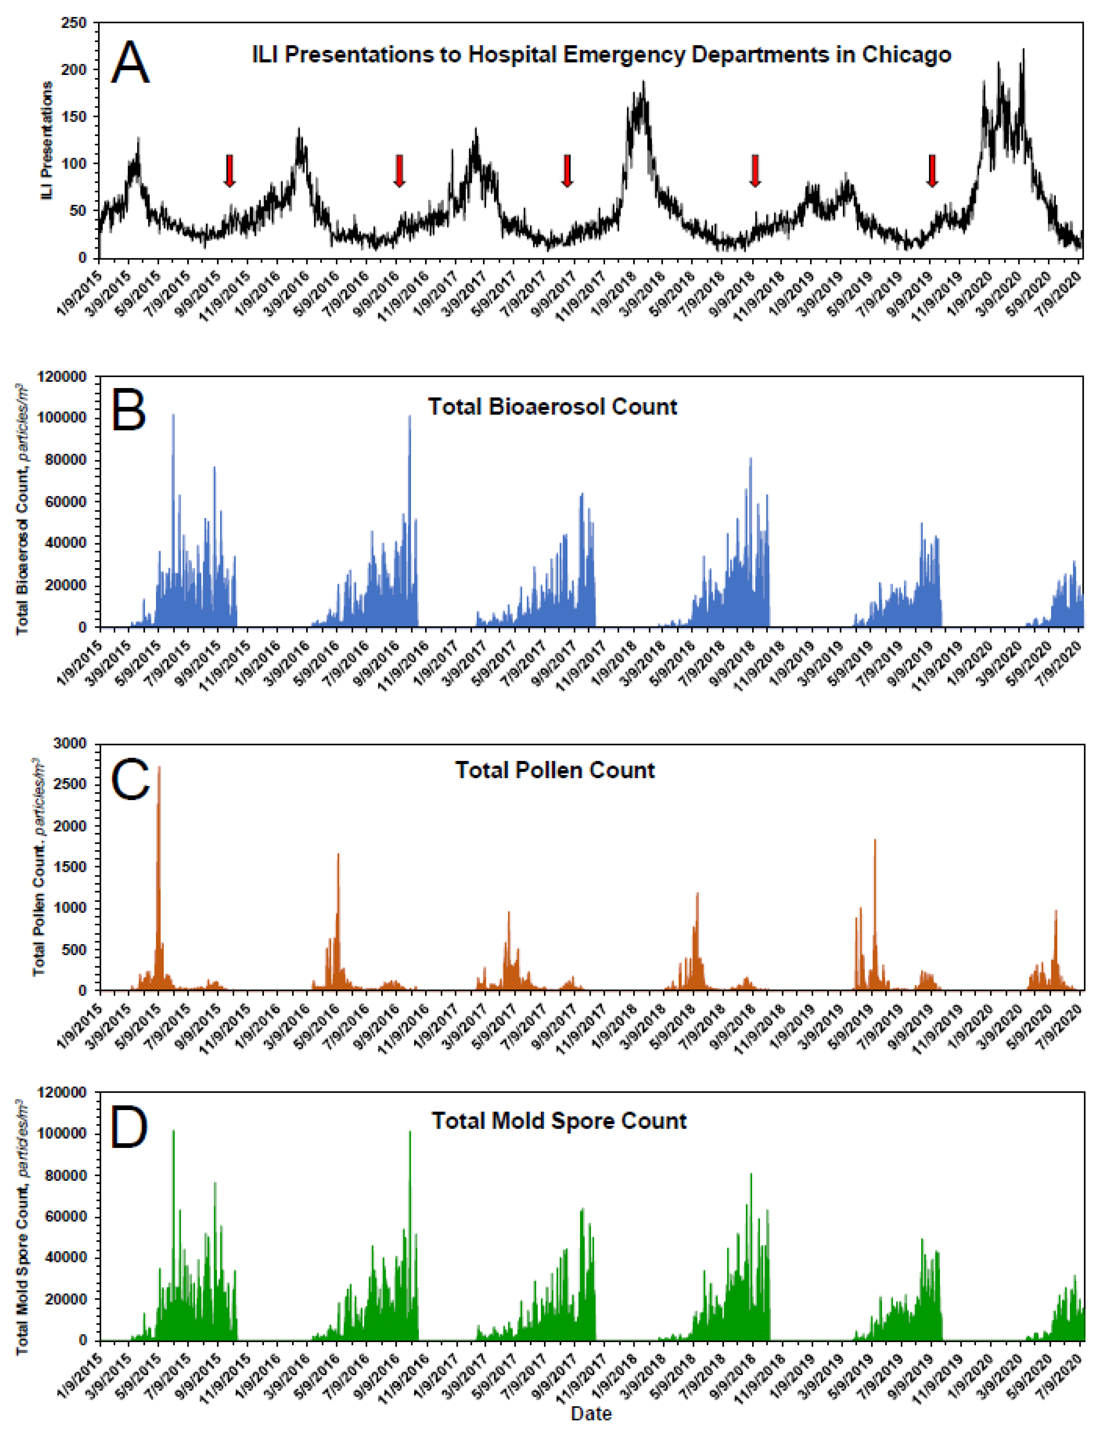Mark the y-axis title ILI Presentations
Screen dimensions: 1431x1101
tap(47, 141)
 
